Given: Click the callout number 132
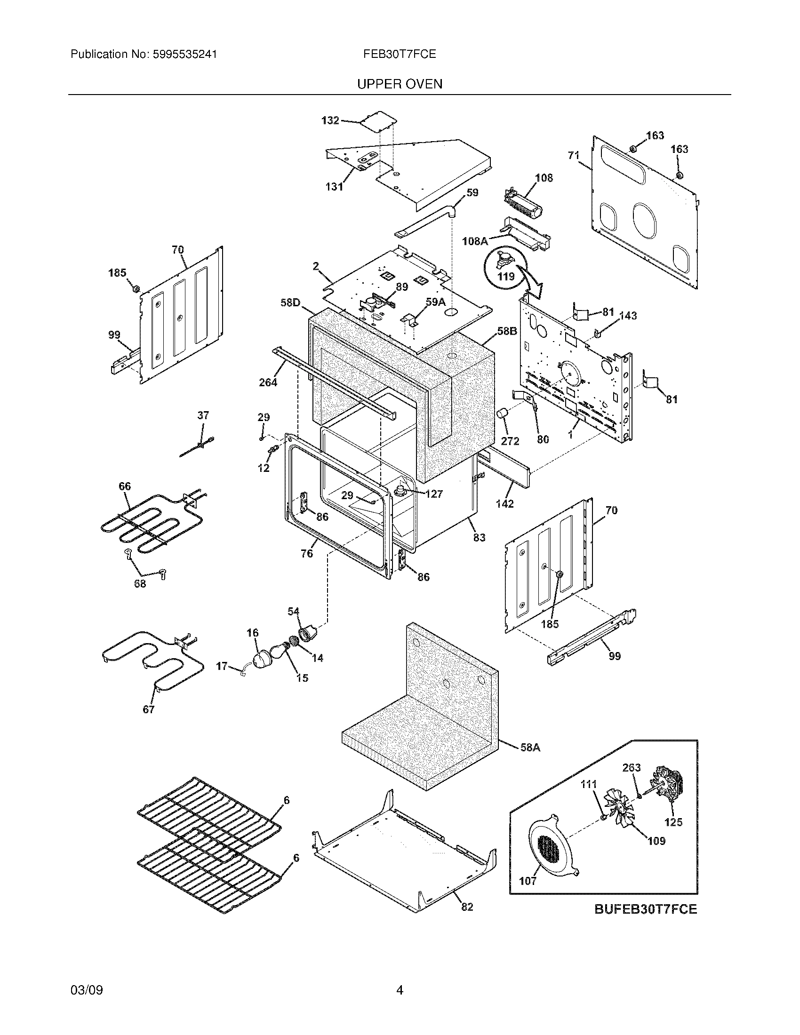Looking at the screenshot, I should [x=330, y=120].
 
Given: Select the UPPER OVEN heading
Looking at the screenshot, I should [x=400, y=84].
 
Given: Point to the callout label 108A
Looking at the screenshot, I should [x=475, y=241].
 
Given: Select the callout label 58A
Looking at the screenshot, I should [x=530, y=748].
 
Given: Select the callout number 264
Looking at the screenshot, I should [x=268, y=382].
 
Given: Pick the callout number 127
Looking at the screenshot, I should [x=434, y=494].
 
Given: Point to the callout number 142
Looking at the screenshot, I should [x=504, y=503].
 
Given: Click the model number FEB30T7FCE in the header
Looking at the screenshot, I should [x=400, y=55].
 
